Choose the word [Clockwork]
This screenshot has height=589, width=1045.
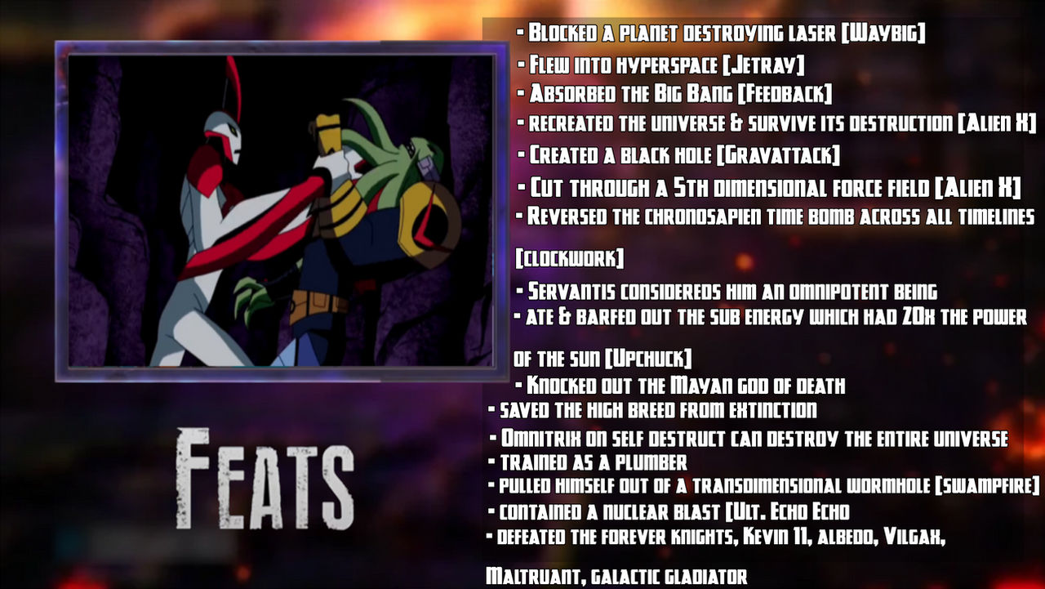569,259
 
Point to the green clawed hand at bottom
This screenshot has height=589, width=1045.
255,298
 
